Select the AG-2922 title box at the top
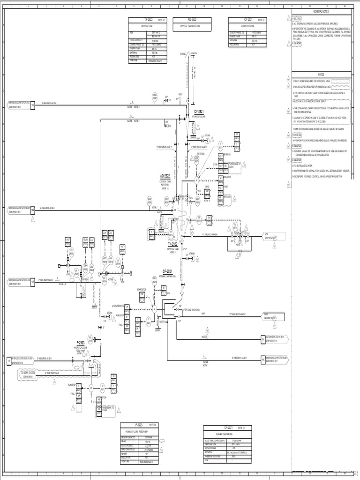pos(192,20)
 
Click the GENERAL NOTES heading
pos(322,11)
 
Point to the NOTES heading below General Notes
pos(322,75)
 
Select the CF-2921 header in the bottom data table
pos(228,428)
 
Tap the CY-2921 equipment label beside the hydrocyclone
pos(199,112)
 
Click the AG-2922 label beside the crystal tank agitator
pos(166,176)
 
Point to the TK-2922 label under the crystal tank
pos(172,245)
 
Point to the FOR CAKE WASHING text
pos(193,309)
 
